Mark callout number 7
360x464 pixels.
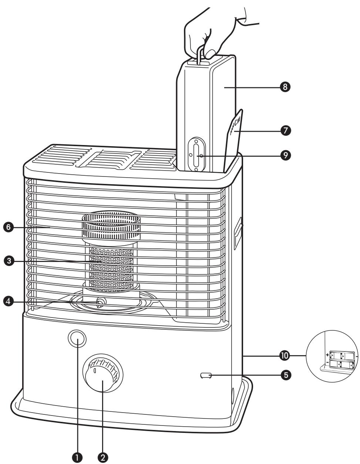[x=286, y=131]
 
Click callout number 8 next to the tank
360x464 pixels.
[x=286, y=87]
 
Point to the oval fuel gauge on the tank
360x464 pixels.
[x=196, y=154]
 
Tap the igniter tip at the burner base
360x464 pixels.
[x=99, y=303]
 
